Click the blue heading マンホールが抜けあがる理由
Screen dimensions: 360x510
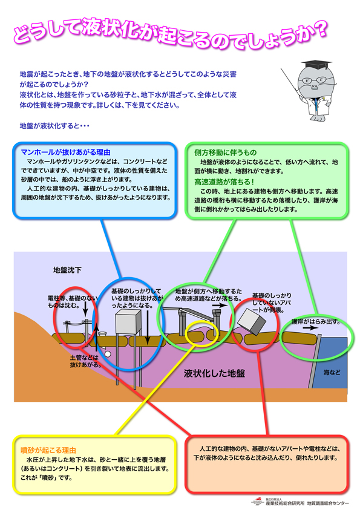tap(66, 152)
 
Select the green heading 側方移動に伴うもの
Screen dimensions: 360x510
tap(225, 152)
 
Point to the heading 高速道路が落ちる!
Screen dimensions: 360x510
tap(224, 182)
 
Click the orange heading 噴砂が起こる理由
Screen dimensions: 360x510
tap(48, 450)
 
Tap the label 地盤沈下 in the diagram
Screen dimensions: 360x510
tap(67, 270)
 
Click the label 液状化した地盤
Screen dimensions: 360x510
tap(214, 373)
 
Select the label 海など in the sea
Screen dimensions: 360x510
tap(332, 372)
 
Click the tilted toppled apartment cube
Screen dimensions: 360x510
tap(252, 321)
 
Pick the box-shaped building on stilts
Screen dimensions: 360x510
tap(128, 322)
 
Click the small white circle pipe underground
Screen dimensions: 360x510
tap(108, 354)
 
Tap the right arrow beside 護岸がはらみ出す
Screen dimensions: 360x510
tap(310, 328)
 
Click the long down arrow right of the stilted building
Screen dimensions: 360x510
tap(148, 327)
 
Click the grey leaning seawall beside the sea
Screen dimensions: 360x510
tap(315, 361)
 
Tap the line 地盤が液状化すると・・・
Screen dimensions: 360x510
tap(54, 126)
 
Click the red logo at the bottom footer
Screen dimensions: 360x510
tap(258, 500)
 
